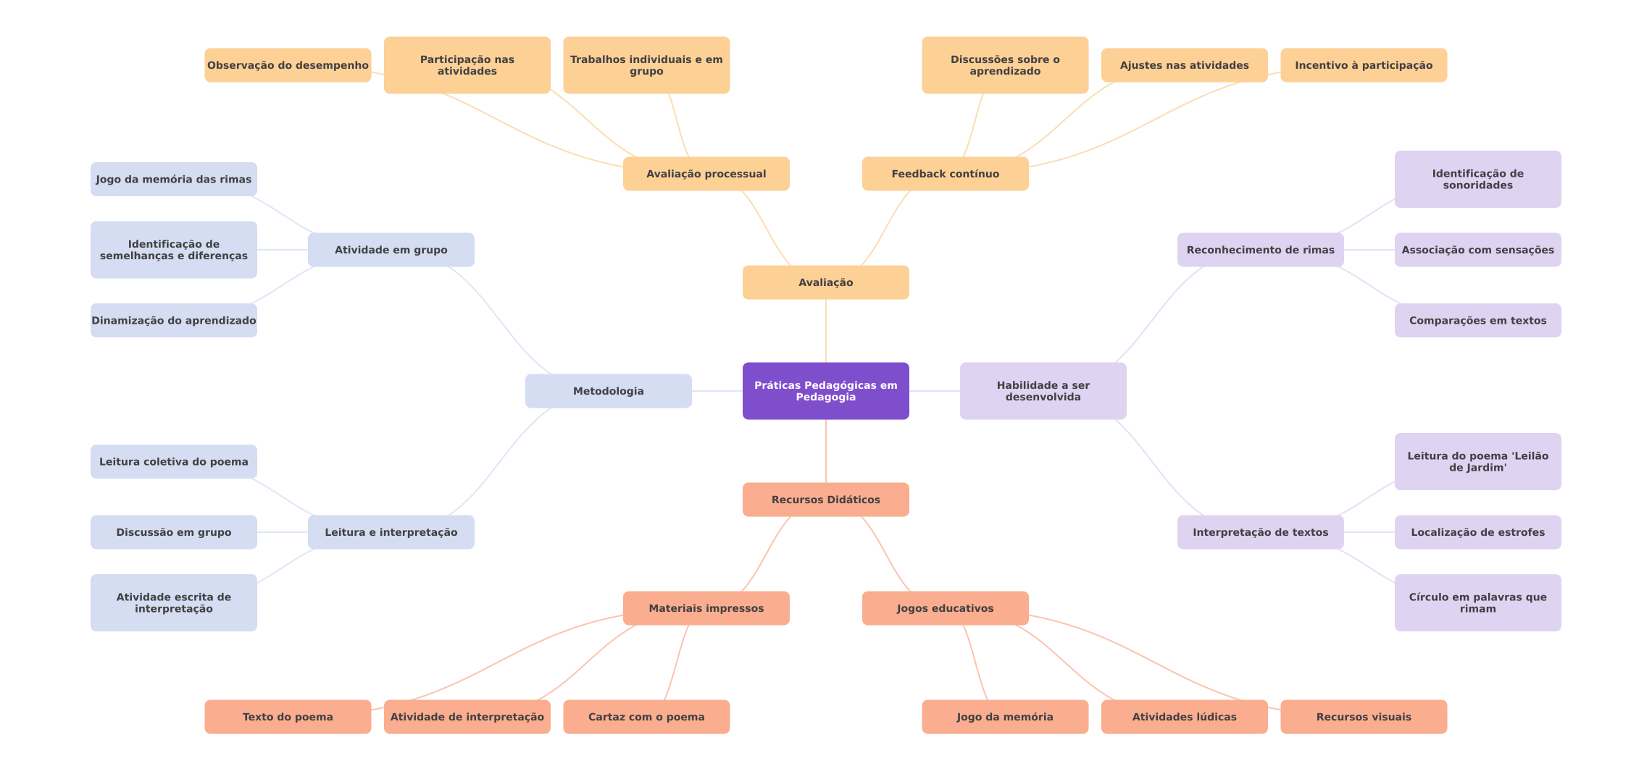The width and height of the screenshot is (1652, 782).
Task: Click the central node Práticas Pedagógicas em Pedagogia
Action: tap(825, 391)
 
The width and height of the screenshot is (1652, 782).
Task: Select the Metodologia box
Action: tap(608, 391)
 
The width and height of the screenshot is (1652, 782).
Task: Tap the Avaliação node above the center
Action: tap(825, 282)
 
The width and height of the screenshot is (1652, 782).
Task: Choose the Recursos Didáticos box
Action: tap(825, 500)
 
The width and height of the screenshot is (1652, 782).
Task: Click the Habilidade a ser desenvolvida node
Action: tap(1043, 391)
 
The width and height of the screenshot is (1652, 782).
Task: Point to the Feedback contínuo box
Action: tap(945, 174)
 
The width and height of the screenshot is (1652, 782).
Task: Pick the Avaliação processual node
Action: tap(706, 174)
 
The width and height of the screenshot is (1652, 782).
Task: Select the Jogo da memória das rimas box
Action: tap(173, 179)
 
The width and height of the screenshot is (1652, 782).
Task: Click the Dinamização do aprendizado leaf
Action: tap(173, 320)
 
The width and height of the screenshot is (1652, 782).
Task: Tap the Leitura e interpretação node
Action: tap(391, 532)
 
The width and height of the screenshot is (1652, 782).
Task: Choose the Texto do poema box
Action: tap(288, 717)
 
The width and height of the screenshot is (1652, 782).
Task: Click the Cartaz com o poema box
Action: tap(646, 717)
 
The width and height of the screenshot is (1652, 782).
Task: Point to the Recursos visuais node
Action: tap(1364, 717)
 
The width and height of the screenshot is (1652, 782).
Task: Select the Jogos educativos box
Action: tap(945, 608)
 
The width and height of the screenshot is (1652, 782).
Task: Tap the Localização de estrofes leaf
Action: tap(1477, 532)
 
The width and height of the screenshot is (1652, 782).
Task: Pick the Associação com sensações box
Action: tap(1477, 250)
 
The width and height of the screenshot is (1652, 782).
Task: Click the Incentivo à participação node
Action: tap(1364, 65)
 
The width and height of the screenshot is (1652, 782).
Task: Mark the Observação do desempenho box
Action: tap(288, 65)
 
